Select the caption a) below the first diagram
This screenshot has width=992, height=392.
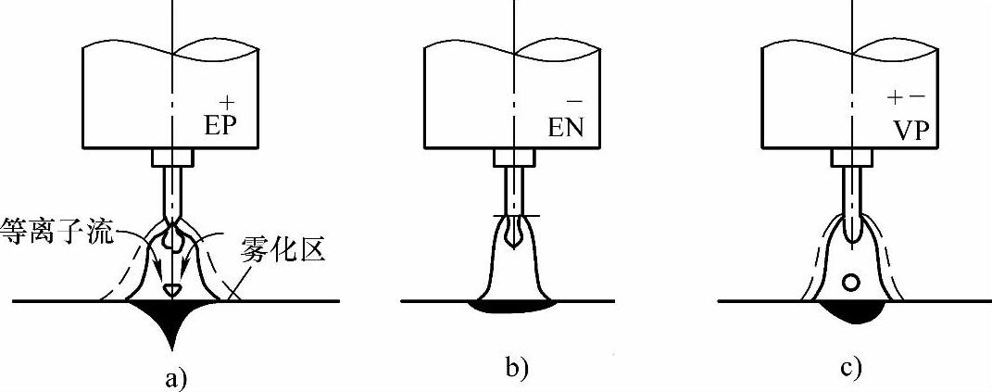point(173,375)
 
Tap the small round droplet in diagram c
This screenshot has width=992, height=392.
point(850,282)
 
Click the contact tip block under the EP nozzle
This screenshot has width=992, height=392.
point(172,157)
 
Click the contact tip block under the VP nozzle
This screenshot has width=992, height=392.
point(850,158)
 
